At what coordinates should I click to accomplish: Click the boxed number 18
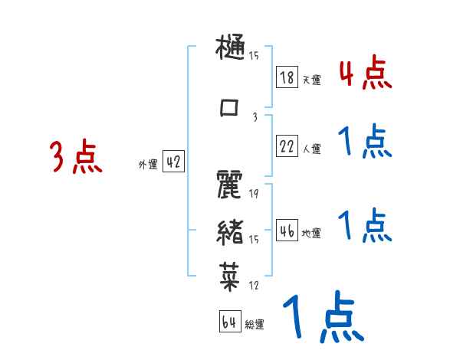tap(287, 77)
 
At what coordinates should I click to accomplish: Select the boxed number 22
tap(287, 146)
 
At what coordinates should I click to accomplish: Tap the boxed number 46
tap(287, 231)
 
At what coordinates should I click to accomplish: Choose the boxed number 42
tap(174, 162)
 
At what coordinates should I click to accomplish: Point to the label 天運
tap(310, 79)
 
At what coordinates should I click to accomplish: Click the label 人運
tap(310, 149)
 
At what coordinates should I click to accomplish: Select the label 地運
tap(310, 233)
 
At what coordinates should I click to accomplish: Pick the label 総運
tap(255, 325)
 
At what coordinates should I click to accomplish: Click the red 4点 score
tap(365, 72)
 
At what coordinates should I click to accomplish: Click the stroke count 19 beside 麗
tap(253, 194)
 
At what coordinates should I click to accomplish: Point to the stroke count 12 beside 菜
tap(253, 286)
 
